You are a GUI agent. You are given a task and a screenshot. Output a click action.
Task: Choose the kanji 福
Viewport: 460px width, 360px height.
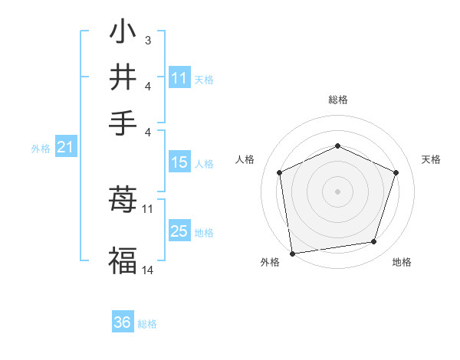pos(122,260)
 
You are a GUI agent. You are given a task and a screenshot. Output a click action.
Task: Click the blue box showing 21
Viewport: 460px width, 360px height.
pos(64,147)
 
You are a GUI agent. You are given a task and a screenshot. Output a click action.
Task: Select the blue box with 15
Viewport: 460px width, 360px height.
pos(179,162)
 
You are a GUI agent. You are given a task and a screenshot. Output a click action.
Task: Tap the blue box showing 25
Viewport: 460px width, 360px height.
pos(179,231)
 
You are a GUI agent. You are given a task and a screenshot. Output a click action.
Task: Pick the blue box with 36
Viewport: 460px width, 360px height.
pos(123,322)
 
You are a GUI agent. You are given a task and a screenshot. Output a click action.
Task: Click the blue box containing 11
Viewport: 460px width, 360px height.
pos(179,78)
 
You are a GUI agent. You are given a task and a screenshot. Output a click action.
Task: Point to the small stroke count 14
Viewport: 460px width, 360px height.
pos(148,270)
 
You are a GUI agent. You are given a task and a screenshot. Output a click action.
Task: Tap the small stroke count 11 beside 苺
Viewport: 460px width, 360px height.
pos(148,208)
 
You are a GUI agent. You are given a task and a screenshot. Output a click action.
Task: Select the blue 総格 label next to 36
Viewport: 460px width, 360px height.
pos(147,324)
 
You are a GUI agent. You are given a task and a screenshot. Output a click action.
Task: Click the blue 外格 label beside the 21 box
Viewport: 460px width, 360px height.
pos(40,149)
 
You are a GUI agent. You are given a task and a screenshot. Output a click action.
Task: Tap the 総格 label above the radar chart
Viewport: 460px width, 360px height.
pos(337,100)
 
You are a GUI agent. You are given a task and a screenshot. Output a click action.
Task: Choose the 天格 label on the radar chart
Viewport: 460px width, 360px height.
pos(431,159)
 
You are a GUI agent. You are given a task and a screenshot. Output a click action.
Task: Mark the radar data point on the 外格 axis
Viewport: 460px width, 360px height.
pos(292,253)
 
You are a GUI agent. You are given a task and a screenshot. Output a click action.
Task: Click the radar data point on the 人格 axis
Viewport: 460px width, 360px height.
pos(280,172)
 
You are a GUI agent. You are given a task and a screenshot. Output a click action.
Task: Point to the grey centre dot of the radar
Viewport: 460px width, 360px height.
pos(337,191)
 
